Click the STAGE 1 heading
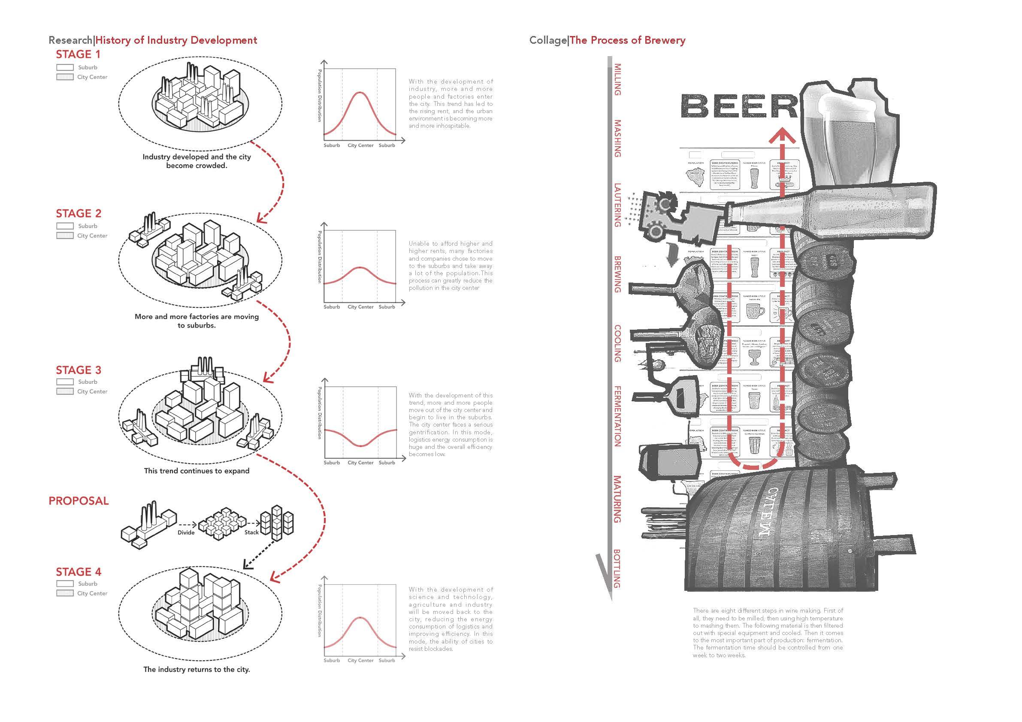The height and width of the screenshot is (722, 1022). pos(79,55)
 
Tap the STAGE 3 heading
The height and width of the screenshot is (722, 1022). pos(79,370)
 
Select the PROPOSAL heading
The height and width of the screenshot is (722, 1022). pos(79,501)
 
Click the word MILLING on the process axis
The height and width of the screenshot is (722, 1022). pos(617,80)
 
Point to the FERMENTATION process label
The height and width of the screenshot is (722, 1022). pos(617,416)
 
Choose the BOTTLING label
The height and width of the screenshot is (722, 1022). pos(617,569)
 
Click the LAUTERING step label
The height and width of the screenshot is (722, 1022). pos(617,205)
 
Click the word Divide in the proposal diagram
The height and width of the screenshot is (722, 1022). pos(186,532)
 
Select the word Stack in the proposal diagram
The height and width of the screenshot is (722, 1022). pos(251,532)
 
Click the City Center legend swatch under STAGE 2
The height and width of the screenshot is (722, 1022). pos(65,236)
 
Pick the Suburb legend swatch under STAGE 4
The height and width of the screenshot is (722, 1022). pos(65,584)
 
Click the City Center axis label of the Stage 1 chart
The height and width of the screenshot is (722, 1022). pos(360,145)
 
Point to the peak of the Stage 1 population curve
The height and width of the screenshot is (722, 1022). pos(360,93)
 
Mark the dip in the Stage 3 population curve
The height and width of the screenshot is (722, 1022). pos(360,445)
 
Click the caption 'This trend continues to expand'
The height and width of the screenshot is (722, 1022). pos(197,471)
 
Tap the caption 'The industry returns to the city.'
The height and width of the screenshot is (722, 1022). pos(197,670)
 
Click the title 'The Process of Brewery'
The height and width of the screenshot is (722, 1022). pos(627,40)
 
